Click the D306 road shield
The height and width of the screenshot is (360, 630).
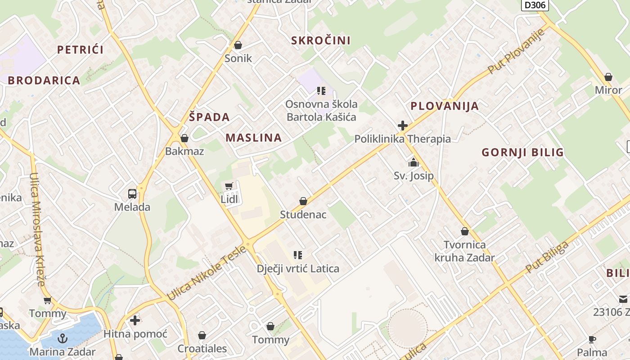535,5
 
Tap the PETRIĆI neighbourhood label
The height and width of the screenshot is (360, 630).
80,49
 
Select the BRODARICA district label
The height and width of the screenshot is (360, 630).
44,81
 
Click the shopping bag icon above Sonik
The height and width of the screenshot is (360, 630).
238,45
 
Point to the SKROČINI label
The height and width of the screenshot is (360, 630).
321,40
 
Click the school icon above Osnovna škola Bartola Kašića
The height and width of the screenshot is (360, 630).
321,91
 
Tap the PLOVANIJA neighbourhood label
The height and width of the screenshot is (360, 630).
445,106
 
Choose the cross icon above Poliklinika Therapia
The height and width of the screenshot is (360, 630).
403,126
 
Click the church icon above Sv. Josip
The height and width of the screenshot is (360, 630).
414,162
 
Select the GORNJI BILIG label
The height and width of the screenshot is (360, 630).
523,152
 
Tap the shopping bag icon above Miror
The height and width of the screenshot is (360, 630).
608,77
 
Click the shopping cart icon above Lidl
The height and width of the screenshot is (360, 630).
229,186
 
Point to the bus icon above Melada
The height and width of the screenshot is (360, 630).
132,194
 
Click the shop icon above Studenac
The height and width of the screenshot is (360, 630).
303,201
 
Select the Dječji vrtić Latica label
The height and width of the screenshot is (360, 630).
298,269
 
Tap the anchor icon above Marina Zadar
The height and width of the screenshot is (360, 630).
63,338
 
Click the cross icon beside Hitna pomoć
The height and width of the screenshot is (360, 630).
135,320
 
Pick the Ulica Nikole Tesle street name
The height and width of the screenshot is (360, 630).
207,273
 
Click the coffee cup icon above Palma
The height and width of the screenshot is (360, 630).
592,339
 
